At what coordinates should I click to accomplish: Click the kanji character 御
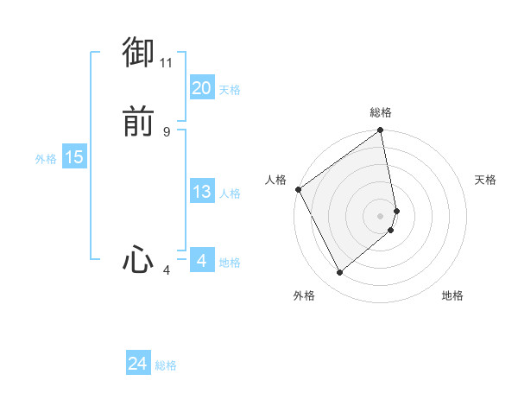[x=138, y=53]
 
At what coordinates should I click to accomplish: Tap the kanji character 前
[x=138, y=122]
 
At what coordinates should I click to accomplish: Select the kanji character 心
[x=138, y=260]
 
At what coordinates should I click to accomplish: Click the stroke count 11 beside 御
[x=167, y=63]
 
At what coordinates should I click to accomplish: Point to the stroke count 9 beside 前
[x=167, y=132]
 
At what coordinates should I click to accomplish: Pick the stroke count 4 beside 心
[x=167, y=270]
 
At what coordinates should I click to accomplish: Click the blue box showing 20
[x=201, y=88]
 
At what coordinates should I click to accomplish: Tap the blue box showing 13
[x=201, y=192]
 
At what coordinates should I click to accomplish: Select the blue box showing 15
[x=74, y=157]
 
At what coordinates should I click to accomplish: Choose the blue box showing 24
[x=138, y=364]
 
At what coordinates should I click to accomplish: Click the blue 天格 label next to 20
[x=230, y=90]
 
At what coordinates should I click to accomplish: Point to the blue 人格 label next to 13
[x=230, y=193]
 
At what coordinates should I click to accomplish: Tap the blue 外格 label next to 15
[x=46, y=159]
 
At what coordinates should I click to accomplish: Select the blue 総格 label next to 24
[x=166, y=365]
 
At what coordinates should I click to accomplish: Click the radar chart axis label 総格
[x=381, y=112]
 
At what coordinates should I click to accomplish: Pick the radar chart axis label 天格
[x=486, y=180]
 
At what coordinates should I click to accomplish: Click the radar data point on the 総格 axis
[x=381, y=132]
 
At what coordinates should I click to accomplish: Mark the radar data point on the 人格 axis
[x=298, y=189]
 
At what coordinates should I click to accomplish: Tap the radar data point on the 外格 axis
[x=340, y=273]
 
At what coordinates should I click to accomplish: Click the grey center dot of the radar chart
[x=381, y=215]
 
